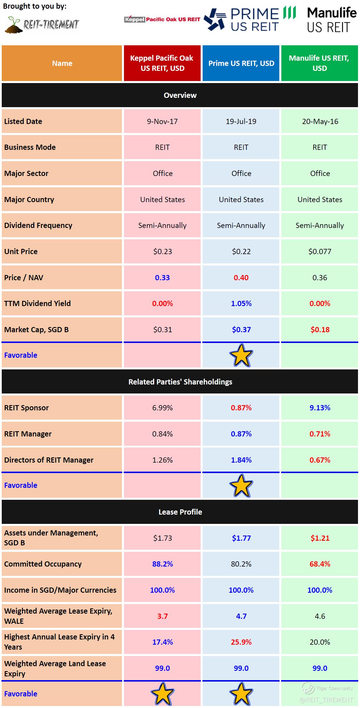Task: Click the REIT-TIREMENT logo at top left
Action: tap(42, 25)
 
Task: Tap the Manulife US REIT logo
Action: tap(332, 20)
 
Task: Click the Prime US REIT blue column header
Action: tap(241, 63)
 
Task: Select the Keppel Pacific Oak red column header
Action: tap(162, 63)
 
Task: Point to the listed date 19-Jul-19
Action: tap(241, 121)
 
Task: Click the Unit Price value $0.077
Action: tap(320, 251)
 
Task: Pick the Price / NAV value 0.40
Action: tap(241, 278)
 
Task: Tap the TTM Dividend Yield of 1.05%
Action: tap(241, 303)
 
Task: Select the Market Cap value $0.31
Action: tap(162, 330)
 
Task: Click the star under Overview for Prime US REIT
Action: tap(241, 355)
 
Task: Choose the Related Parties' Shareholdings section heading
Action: tap(180, 382)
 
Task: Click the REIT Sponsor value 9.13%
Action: tap(320, 408)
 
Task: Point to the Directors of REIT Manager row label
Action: tap(49, 460)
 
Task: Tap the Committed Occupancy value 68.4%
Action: tap(320, 564)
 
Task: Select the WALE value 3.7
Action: tap(162, 616)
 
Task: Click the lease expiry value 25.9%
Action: tap(241, 642)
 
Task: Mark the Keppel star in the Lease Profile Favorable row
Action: tap(162, 694)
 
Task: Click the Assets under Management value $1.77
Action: tap(241, 538)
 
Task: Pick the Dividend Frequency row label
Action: tap(38, 225)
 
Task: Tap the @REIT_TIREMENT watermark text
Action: tap(326, 700)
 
